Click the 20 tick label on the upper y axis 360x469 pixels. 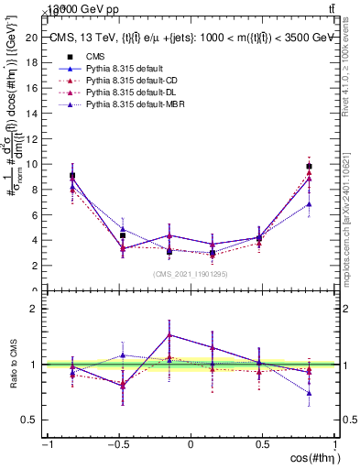(x=32, y=38)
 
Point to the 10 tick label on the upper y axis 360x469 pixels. (x=32, y=164)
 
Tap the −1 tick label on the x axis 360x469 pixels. (x=46, y=444)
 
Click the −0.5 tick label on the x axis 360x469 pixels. (x=117, y=444)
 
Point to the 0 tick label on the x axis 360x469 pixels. (x=191, y=444)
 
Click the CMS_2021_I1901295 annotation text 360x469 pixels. (x=191, y=274)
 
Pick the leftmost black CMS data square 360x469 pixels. (x=72, y=175)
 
